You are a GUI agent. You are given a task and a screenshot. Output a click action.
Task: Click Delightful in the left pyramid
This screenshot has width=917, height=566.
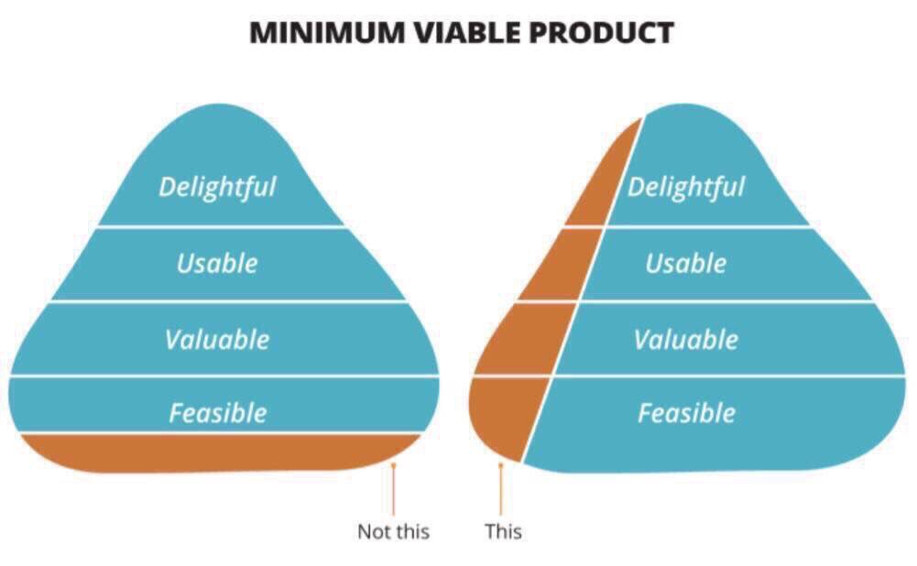click(x=217, y=187)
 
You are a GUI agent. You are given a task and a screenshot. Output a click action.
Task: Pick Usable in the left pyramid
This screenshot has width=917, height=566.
click(x=217, y=264)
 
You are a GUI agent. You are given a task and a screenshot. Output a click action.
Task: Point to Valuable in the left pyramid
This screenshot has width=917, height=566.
click(x=217, y=340)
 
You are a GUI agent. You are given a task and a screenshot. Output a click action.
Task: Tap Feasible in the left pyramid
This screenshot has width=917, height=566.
click(x=217, y=413)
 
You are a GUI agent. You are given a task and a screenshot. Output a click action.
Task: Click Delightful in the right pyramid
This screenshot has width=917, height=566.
click(x=686, y=188)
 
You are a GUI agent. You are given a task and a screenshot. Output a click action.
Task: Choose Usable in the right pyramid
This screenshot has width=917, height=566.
click(x=686, y=264)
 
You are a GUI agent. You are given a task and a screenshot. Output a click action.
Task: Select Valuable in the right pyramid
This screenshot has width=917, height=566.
click(x=686, y=340)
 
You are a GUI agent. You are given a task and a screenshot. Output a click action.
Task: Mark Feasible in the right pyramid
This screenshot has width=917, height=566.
click(x=686, y=413)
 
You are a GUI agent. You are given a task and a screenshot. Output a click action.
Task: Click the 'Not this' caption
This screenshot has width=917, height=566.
click(x=393, y=531)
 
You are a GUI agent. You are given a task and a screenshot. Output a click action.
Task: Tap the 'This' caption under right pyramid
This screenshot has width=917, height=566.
click(x=503, y=531)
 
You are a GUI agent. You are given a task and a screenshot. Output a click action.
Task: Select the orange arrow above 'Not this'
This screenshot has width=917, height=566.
click(x=393, y=490)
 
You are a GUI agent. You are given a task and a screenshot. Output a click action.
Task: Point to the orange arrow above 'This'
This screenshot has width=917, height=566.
click(x=501, y=490)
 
